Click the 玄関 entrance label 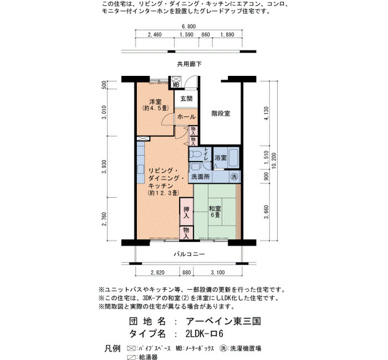click(x=186, y=99)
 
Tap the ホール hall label click(x=186, y=117)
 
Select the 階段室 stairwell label click(x=221, y=114)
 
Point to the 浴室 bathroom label click(x=221, y=157)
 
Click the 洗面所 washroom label click(x=201, y=177)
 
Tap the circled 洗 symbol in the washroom click(x=233, y=176)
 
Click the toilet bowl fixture click(x=195, y=154)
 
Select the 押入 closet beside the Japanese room click(x=186, y=212)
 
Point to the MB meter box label click(x=176, y=85)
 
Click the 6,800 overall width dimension click(x=188, y=27)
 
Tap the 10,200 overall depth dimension click(x=274, y=161)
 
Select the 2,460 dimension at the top click(x=155, y=34)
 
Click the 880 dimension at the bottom click(x=186, y=272)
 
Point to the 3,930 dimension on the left click(x=104, y=167)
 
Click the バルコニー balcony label click(x=190, y=254)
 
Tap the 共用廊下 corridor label click(x=190, y=64)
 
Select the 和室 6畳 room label click(x=215, y=212)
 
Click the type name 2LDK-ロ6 click(x=205, y=333)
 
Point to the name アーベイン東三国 click(x=223, y=321)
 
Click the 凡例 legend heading click(x=113, y=348)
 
